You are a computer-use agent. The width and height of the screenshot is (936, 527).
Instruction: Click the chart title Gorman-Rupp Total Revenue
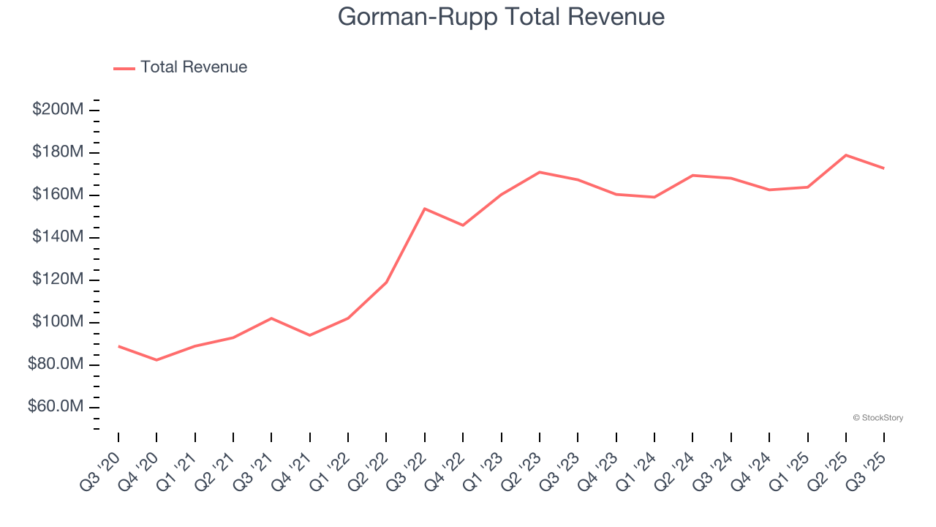point(501,17)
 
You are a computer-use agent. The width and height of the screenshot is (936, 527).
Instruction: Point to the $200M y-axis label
point(57,110)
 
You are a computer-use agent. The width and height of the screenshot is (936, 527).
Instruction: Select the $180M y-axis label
point(57,152)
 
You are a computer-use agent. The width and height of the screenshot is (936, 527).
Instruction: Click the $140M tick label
point(57,237)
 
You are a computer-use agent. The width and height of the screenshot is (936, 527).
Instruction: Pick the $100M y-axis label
point(57,322)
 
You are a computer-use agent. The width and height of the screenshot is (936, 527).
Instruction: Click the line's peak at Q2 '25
point(846,155)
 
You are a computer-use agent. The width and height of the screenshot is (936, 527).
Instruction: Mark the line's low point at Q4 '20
point(156,360)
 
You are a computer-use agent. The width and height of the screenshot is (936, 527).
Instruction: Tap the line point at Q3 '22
point(425,209)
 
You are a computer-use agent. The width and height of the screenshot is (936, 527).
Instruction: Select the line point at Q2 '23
point(540,172)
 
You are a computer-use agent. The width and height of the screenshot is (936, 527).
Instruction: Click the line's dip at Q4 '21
point(310,335)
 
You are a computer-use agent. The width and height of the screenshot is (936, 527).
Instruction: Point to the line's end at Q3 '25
point(884,168)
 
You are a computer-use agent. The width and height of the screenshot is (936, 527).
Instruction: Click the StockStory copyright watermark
point(877,418)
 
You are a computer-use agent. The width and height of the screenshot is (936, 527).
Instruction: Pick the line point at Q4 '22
point(463,225)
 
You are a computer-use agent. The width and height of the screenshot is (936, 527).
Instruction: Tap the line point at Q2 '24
point(692,175)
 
